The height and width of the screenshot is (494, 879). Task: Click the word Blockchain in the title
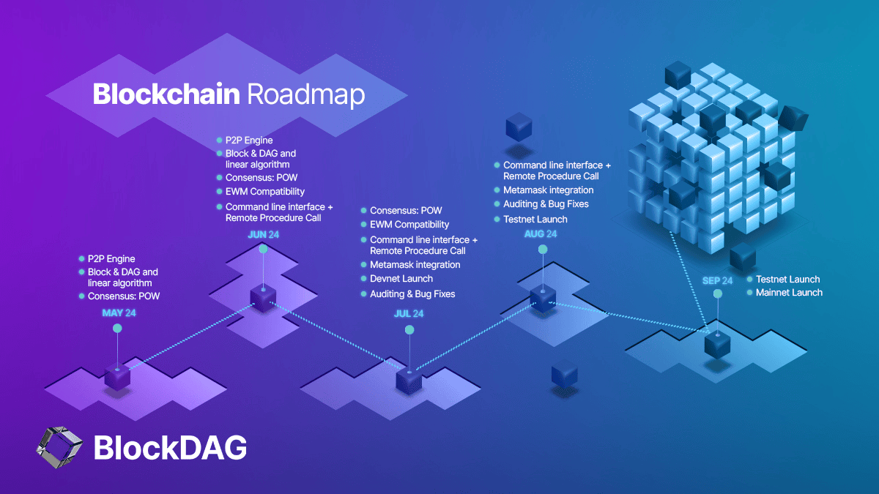tap(166, 94)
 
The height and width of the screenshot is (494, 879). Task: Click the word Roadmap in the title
tap(305, 94)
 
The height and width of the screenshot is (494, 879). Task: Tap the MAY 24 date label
tap(119, 313)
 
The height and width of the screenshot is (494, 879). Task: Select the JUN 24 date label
tap(264, 234)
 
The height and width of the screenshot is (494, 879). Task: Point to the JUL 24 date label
tap(408, 314)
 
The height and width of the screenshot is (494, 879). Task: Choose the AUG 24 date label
tap(541, 234)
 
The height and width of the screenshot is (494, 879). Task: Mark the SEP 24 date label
tap(717, 281)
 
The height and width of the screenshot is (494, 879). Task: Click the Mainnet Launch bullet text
tap(789, 293)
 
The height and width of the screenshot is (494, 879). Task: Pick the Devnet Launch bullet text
tap(401, 279)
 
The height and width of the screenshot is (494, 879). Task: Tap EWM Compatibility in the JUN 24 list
tap(264, 192)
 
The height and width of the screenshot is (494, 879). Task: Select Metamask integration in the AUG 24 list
tap(549, 190)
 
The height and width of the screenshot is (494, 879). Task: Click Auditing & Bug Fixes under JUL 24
tap(412, 294)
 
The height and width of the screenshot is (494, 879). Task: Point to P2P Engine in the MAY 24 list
tap(111, 259)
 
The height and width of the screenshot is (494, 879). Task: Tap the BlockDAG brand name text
tap(170, 448)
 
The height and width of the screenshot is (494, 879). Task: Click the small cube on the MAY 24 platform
tap(117, 377)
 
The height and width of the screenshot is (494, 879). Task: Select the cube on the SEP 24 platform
tap(716, 344)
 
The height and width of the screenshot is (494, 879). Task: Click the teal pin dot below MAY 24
tap(116, 329)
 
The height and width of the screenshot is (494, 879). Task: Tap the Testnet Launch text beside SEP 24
tap(788, 280)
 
